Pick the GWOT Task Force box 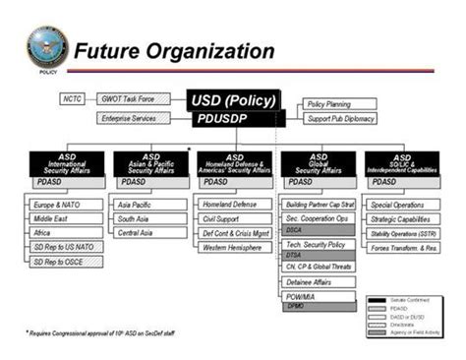tap(133, 99)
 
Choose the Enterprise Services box tap(134, 119)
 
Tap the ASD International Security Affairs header tap(67, 162)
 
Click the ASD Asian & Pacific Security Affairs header tap(150, 162)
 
